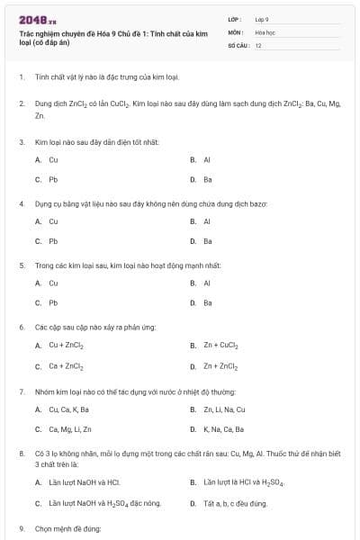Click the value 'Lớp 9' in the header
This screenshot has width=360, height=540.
(x=262, y=19)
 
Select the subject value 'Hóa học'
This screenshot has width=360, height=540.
(x=265, y=31)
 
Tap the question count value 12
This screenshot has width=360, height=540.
(x=258, y=45)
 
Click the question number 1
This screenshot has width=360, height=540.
(x=21, y=77)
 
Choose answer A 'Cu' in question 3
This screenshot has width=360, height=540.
(x=53, y=159)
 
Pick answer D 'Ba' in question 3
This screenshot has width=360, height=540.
(x=208, y=178)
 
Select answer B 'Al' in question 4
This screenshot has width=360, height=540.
(x=207, y=221)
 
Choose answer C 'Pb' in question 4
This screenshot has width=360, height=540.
(x=53, y=240)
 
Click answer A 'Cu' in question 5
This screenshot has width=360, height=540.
(x=53, y=283)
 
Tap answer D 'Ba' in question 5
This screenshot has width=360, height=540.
(x=208, y=302)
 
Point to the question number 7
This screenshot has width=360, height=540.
(x=21, y=392)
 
